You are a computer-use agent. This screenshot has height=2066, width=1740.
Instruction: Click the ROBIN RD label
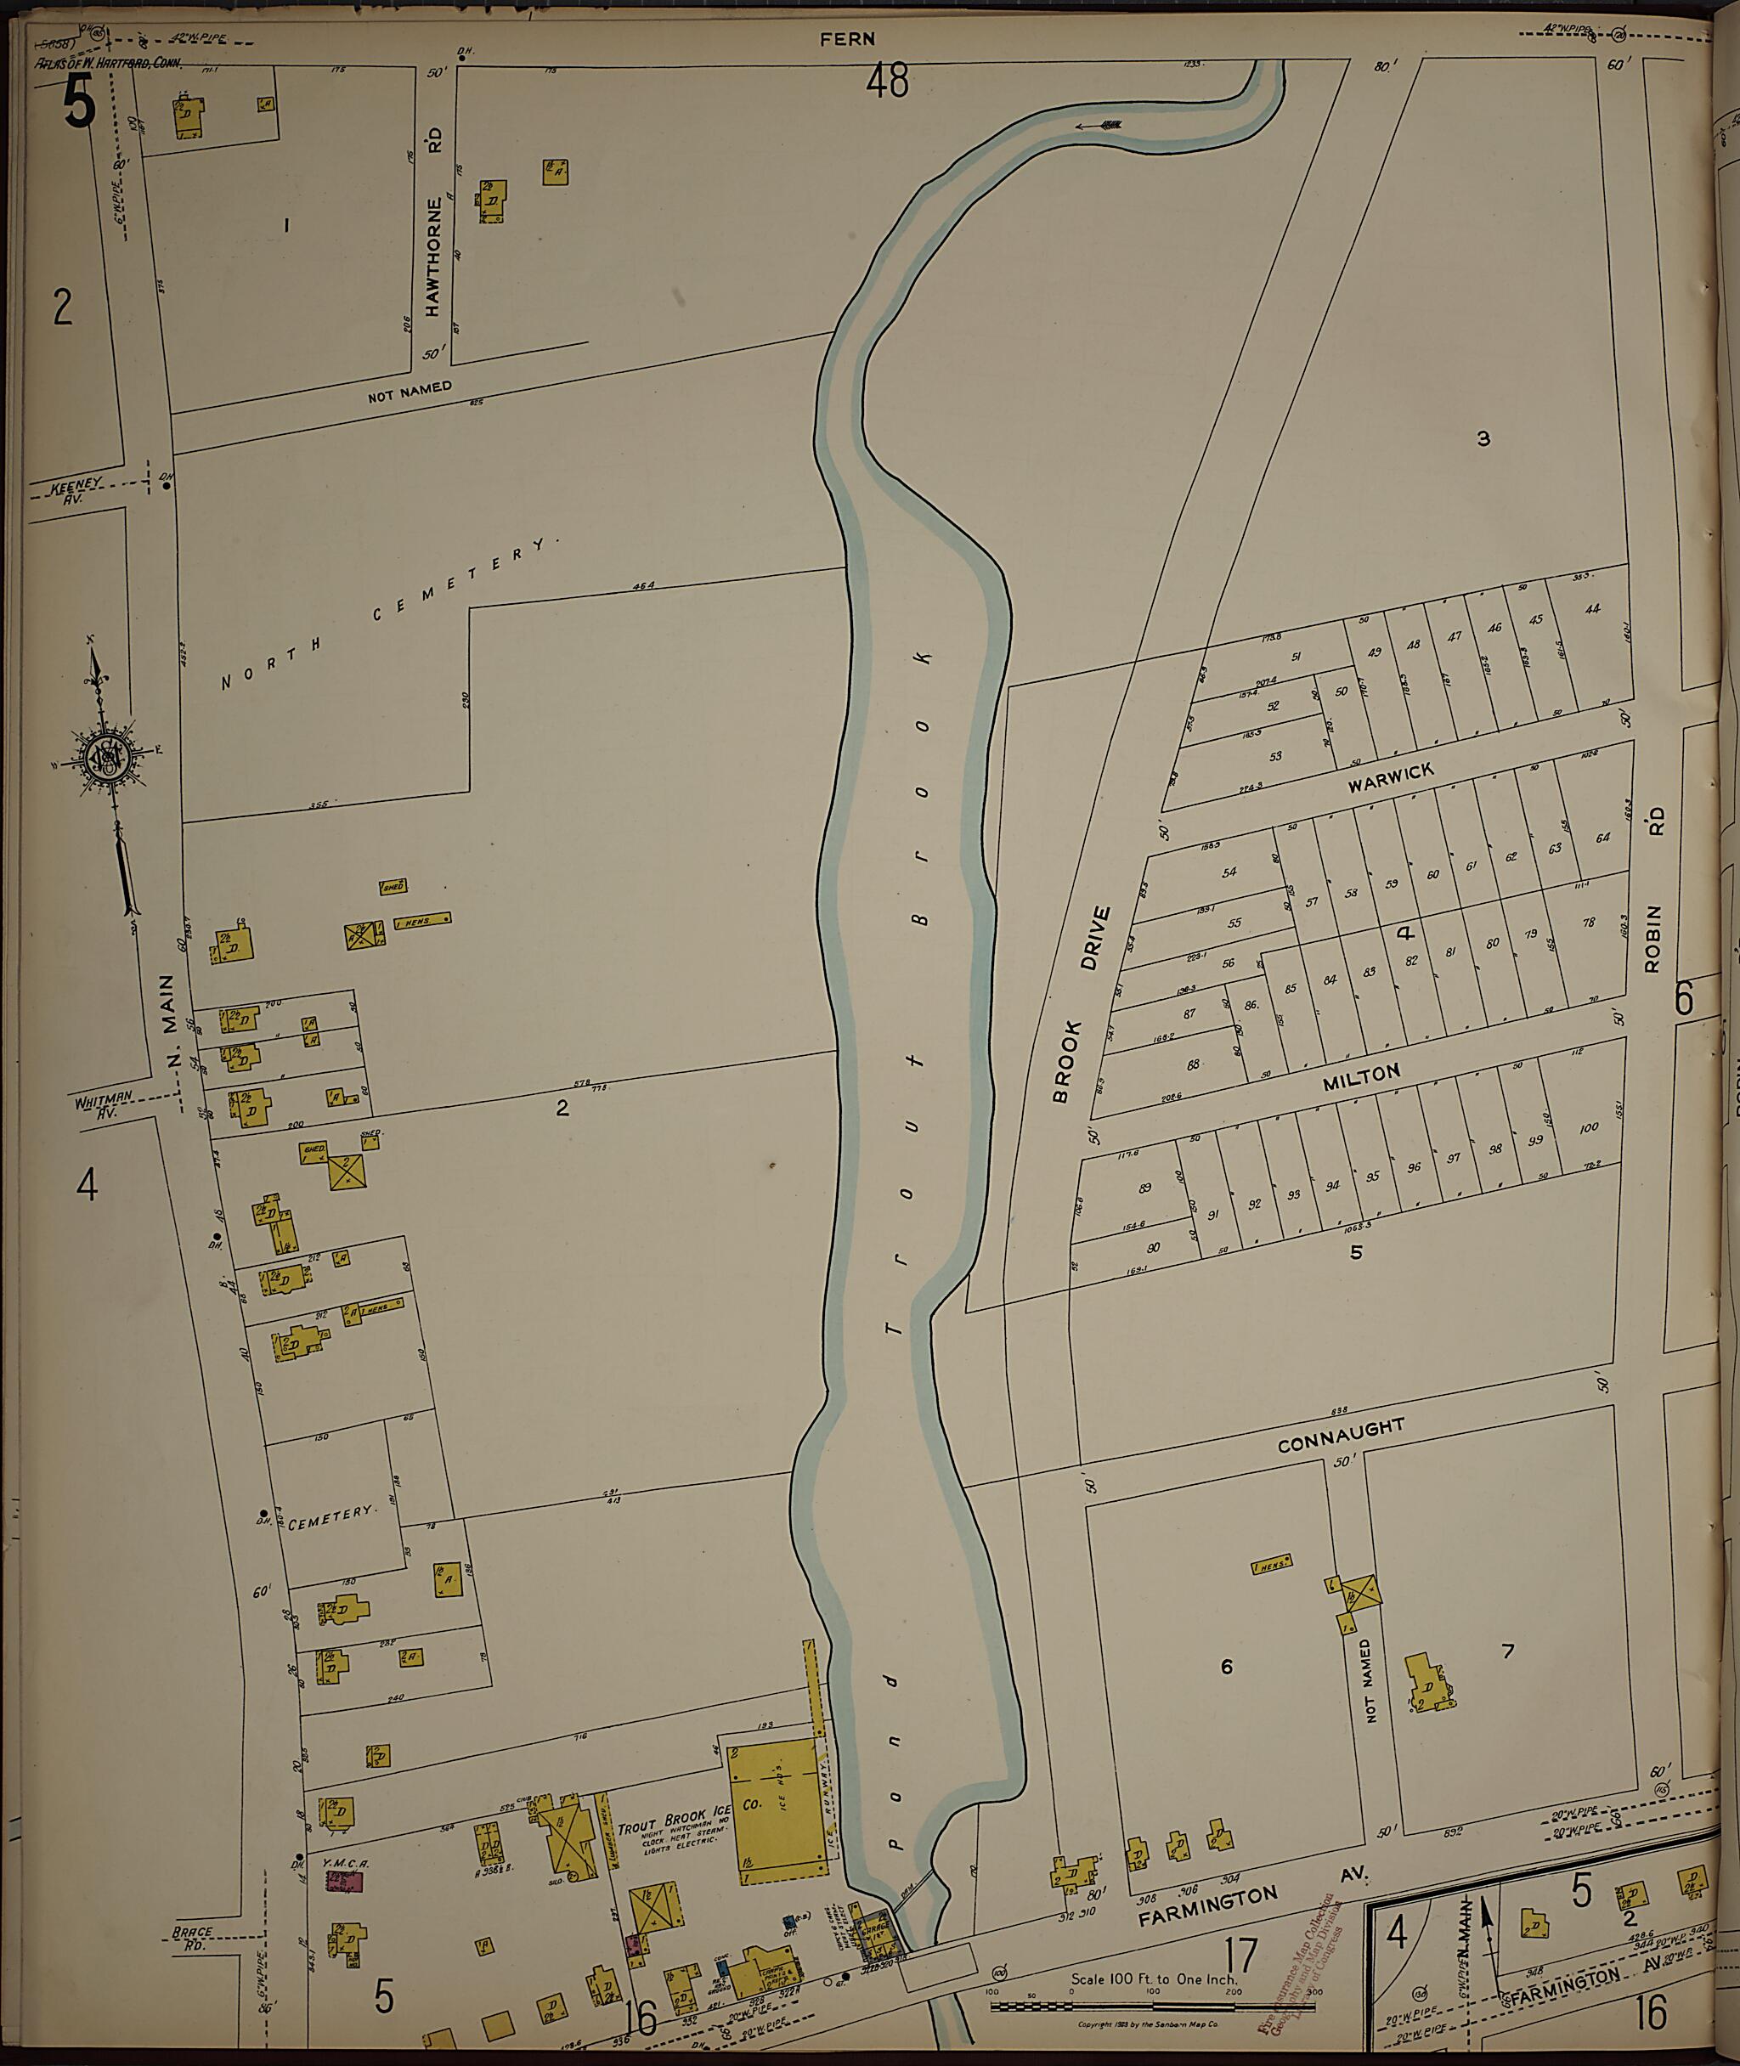tap(1654, 889)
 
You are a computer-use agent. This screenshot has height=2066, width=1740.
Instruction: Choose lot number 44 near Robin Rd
tap(1592, 608)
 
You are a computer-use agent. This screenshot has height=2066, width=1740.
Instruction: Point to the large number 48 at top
tap(887, 82)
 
